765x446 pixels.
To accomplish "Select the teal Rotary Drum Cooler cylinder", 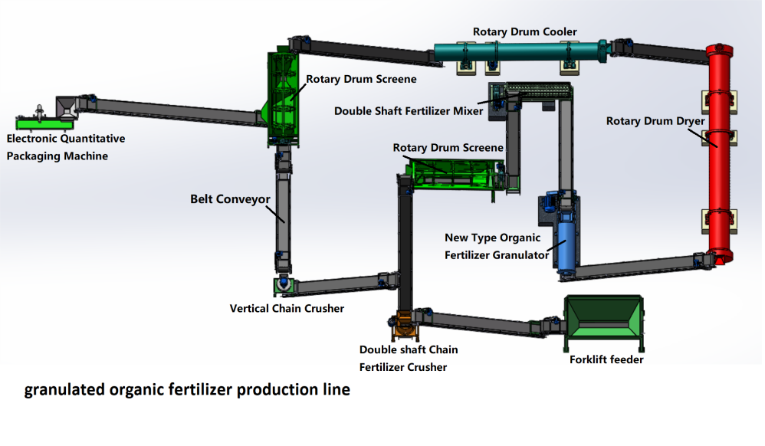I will point(521,51).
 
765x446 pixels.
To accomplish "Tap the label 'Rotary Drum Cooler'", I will point(524,31).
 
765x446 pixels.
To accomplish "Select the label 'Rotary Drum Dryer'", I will point(655,121).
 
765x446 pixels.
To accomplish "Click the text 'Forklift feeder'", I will point(606,359).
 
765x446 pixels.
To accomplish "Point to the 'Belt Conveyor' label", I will point(230,199).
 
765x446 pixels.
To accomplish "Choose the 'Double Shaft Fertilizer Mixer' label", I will point(409,110).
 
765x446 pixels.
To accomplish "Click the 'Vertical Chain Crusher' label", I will point(287,308).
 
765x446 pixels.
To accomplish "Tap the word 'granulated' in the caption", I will point(65,389).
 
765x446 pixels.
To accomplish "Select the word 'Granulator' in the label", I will point(517,255).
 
